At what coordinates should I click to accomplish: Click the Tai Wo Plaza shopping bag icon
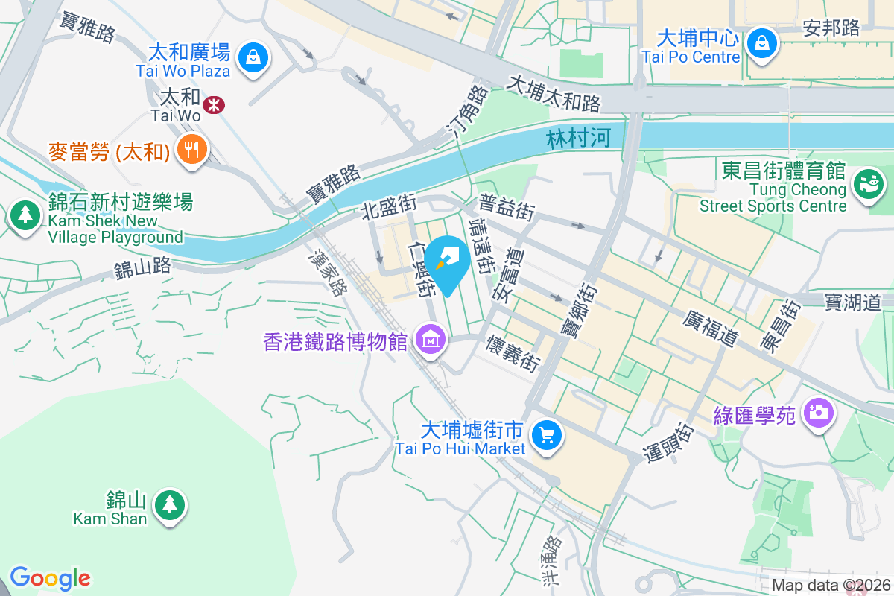click(253, 56)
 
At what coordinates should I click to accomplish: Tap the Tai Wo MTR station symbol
click(214, 104)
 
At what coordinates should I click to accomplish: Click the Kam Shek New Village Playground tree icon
click(26, 216)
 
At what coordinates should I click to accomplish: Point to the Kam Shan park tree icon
click(171, 505)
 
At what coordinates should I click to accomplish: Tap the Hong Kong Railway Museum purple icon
click(430, 340)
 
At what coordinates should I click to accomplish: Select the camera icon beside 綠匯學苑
click(817, 411)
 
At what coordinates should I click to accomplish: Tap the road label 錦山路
click(143, 266)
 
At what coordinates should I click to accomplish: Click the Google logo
click(50, 578)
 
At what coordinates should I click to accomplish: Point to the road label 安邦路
click(831, 28)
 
